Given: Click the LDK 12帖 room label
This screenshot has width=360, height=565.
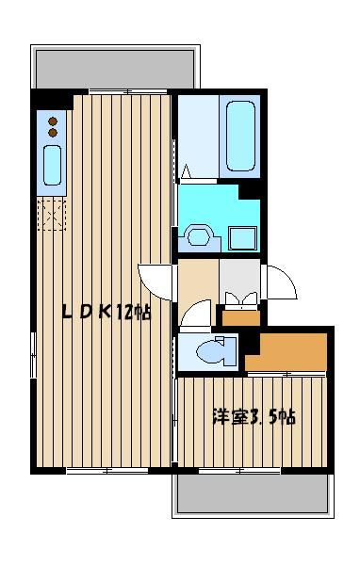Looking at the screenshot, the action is (106, 312).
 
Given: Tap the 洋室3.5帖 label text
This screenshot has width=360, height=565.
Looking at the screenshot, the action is (254, 417).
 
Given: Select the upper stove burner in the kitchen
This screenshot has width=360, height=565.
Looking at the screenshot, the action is (53, 121).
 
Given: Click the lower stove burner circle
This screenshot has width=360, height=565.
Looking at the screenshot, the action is (53, 133).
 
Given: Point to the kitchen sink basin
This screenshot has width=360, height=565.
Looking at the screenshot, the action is (53, 165).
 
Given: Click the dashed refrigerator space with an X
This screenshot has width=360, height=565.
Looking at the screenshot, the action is (52, 214).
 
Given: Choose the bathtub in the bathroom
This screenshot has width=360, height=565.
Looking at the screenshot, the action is (240, 136).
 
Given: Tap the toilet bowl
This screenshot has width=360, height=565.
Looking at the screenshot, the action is (212, 351).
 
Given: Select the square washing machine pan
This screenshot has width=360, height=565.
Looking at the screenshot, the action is (243, 238).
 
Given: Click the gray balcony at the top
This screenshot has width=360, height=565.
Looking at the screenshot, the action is (115, 69).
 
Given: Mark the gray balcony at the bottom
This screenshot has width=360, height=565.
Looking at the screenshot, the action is (253, 493).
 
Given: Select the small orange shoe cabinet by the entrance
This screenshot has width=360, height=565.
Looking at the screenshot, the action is (241, 318).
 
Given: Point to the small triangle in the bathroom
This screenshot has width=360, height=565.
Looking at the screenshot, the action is (187, 171).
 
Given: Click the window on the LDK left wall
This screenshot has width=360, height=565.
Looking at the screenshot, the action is (33, 355).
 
